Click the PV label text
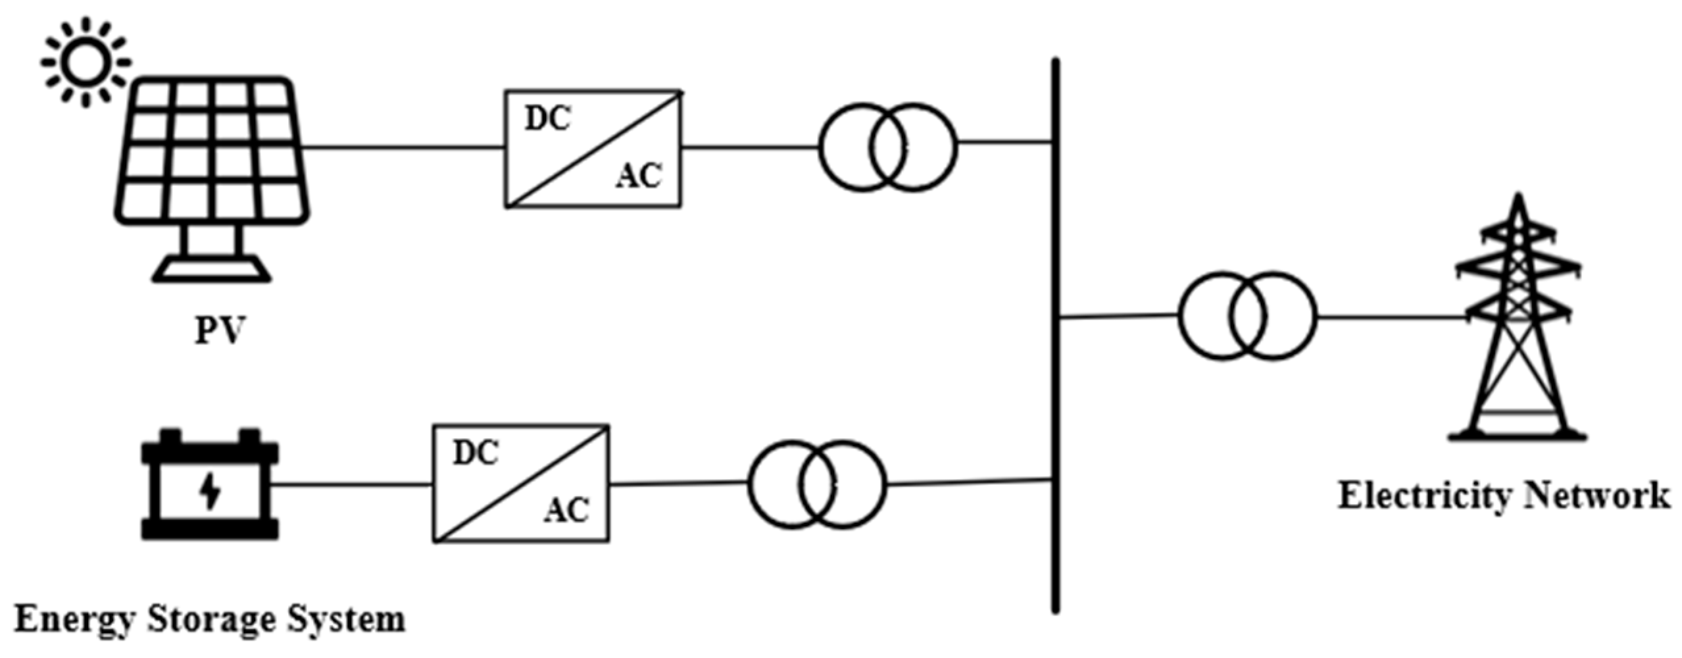pos(219,331)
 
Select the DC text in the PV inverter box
pos(547,119)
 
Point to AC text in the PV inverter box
pos(639,176)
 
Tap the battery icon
pos(210,485)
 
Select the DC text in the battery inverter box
pos(476,453)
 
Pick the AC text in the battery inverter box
pos(566,510)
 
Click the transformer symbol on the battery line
pos(816,484)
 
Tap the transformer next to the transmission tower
pos(1247,315)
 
